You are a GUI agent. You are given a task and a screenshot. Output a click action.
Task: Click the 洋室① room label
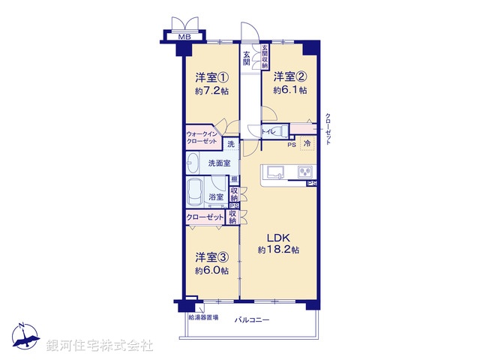pos(212,77)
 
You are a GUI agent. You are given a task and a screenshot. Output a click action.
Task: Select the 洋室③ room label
pos(212,256)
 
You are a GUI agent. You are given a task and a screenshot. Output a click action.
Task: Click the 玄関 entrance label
pos(247,58)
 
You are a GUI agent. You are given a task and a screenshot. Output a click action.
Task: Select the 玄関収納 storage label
pos(264,56)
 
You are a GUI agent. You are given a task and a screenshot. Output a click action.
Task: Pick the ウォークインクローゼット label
pos(202,138)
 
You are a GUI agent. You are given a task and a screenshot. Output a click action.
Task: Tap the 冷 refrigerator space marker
pos(307,143)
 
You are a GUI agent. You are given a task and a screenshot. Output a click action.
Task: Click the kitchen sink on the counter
pos(272,172)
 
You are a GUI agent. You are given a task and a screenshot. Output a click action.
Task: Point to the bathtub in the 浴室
pos(198,190)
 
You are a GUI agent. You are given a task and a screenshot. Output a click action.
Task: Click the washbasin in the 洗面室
pos(193,161)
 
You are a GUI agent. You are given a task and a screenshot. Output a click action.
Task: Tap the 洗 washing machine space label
pos(231,143)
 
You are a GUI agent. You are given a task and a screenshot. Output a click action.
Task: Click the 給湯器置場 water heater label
pos(203,318)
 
